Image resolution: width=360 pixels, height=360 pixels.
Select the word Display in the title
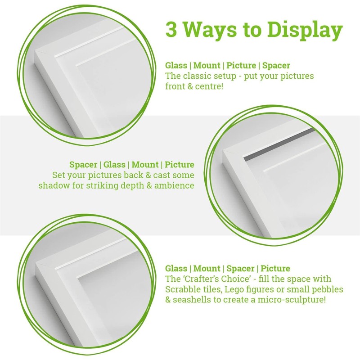pos(305,30)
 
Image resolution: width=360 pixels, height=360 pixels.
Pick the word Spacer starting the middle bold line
pos(83,165)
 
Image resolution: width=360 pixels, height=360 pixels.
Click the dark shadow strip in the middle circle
pos(279,145)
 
